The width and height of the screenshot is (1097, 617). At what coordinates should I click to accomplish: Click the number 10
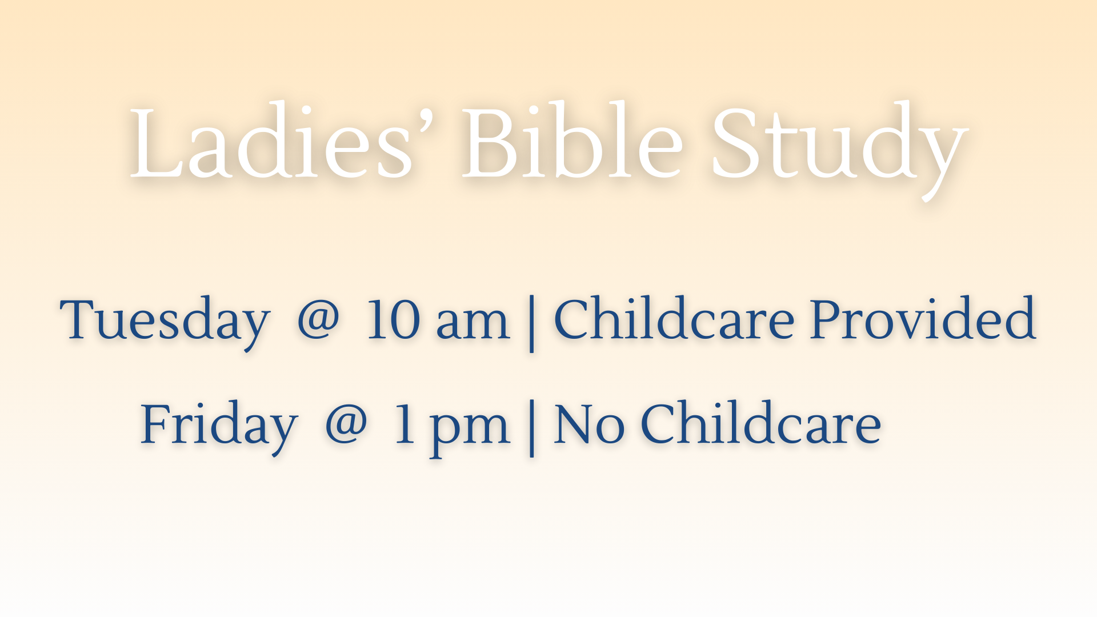click(x=393, y=320)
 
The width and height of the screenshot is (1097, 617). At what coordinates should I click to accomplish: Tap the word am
click(x=473, y=323)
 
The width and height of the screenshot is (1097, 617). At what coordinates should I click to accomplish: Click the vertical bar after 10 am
click(x=532, y=323)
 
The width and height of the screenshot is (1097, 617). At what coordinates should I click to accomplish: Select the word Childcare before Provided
click(x=674, y=319)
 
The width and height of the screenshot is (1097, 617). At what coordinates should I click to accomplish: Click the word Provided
click(x=923, y=319)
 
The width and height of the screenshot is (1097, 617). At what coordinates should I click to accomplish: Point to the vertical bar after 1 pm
click(x=532, y=428)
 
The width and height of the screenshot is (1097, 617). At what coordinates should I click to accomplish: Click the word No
click(x=588, y=425)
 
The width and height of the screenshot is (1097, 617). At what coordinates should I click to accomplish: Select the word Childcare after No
click(x=760, y=424)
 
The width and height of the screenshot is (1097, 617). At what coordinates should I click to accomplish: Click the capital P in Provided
click(x=828, y=319)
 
